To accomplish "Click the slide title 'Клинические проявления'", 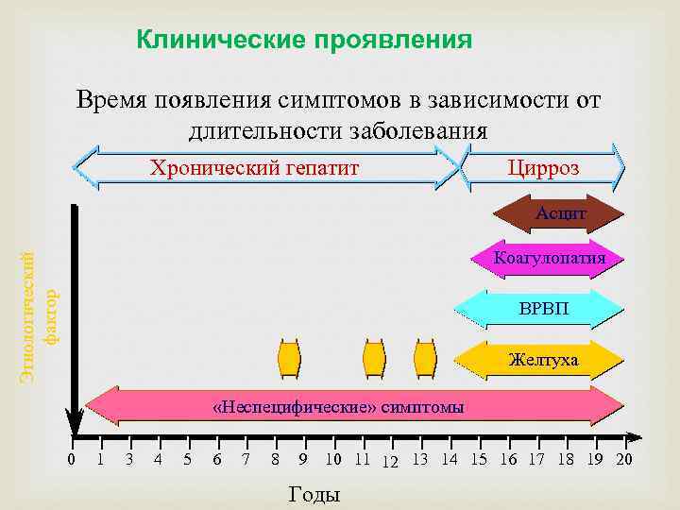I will point(303,40).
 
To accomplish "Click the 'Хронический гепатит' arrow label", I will point(256,168).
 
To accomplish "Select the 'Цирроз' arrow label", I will point(543,168).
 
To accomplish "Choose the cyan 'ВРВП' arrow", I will point(543,308).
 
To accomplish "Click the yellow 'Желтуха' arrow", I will point(542,359).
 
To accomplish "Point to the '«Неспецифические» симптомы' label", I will point(339,407).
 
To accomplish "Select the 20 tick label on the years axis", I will point(623,460).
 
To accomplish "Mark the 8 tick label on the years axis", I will point(275,460).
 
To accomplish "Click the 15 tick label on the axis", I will point(479,460).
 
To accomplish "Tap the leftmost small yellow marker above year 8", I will point(288,358).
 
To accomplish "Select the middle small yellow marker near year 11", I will point(375,358).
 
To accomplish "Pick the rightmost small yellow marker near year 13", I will point(425,358).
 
